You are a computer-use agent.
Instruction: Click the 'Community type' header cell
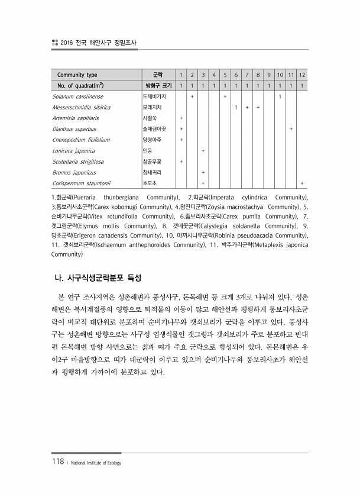pos(77,75)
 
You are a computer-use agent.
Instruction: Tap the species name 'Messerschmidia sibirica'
pos(81,107)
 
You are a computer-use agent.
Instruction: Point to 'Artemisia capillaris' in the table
pos(76,118)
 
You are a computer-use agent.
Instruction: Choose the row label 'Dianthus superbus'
pos(74,128)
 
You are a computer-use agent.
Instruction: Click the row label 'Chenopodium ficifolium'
pos(81,140)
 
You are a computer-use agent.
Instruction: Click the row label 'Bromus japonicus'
pos(74,172)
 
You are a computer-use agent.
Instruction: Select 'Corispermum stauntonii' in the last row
pos(81,183)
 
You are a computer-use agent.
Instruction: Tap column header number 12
pos(302,75)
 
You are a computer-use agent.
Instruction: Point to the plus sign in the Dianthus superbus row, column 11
pos(291,128)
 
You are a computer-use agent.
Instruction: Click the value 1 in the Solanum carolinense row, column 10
pos(280,96)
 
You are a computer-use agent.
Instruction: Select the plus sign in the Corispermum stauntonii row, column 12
pos(302,183)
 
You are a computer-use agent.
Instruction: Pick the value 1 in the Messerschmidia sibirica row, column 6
pos(236,107)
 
